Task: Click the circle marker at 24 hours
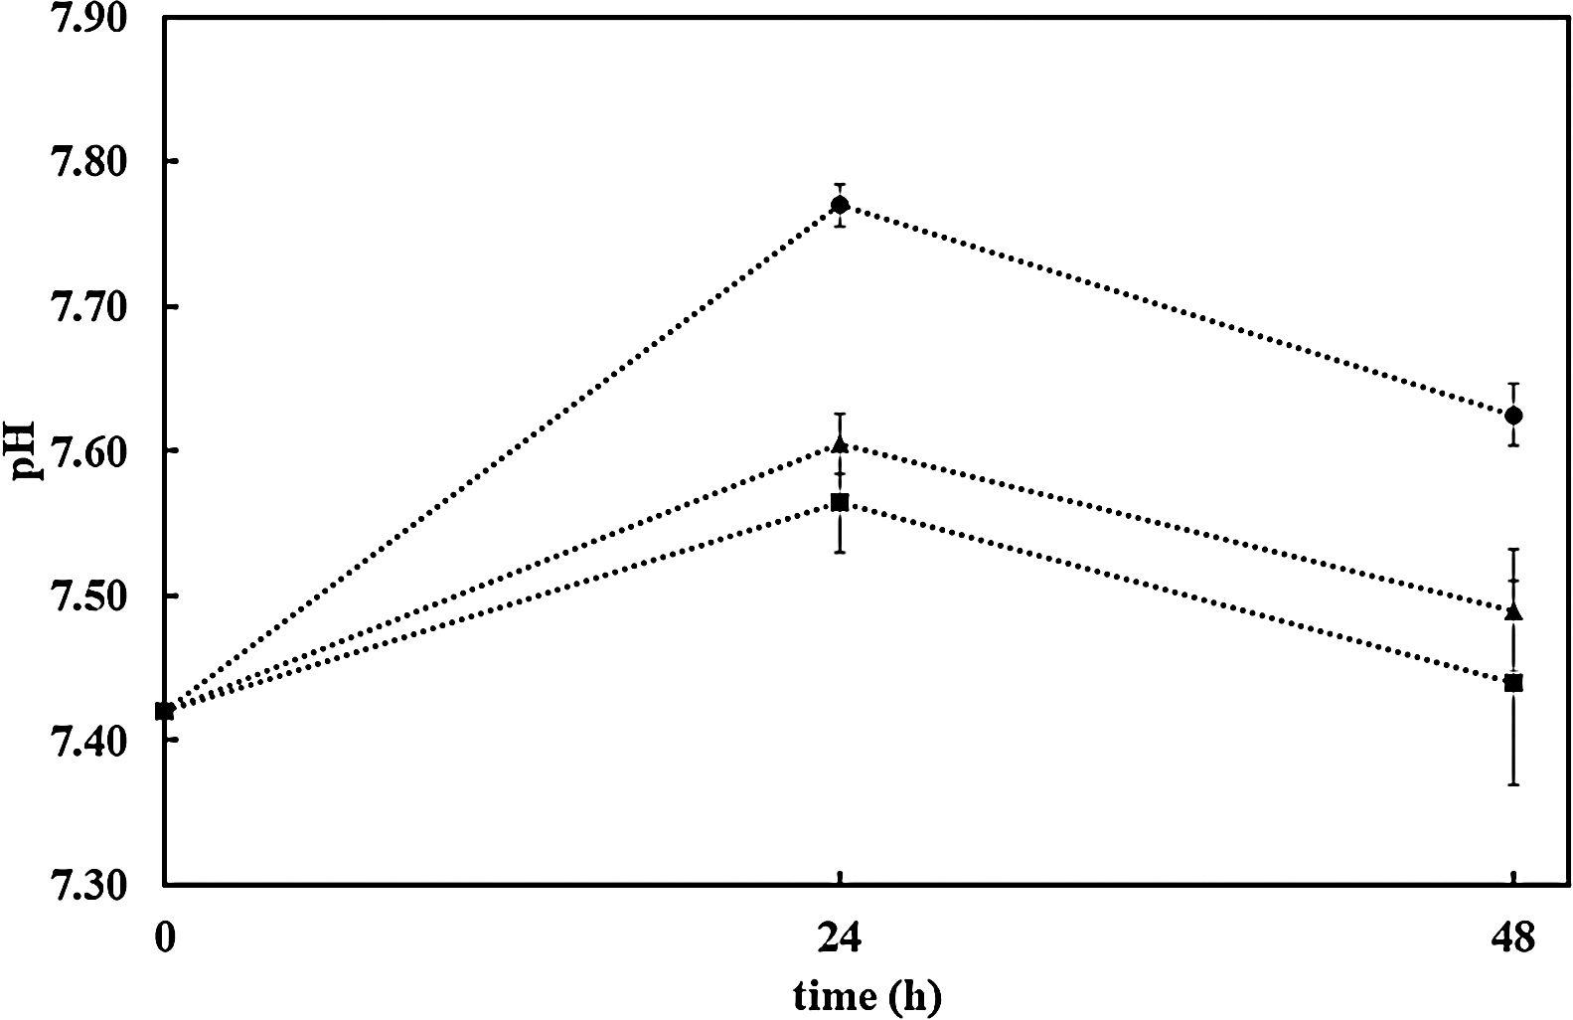(x=840, y=206)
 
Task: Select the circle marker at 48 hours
(x=1513, y=415)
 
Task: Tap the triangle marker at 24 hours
(x=840, y=444)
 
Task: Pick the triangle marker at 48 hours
(x=1513, y=611)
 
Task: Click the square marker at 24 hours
(x=840, y=502)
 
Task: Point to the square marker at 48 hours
(x=1513, y=683)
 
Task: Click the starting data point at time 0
(x=165, y=711)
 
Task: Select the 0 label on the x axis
(x=165, y=937)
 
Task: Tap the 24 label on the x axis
(x=840, y=937)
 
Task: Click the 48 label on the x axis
(x=1513, y=937)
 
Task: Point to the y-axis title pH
(x=24, y=451)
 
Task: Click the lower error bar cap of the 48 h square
(x=1513, y=785)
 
